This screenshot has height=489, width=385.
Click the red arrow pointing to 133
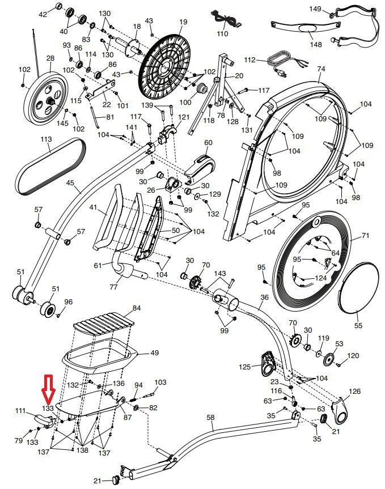[x=48, y=388]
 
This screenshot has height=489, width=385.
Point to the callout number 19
[x=183, y=22]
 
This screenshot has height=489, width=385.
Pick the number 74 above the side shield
[x=321, y=69]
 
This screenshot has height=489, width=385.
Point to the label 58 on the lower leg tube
[x=210, y=418]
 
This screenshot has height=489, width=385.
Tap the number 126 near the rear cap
[x=354, y=392]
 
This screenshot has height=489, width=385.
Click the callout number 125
[x=244, y=367]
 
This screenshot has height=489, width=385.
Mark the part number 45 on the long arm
[x=70, y=183]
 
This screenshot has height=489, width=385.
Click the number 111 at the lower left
[x=20, y=411]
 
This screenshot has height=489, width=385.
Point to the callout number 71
[x=365, y=235]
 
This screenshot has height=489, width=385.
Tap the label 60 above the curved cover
[x=208, y=143]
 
